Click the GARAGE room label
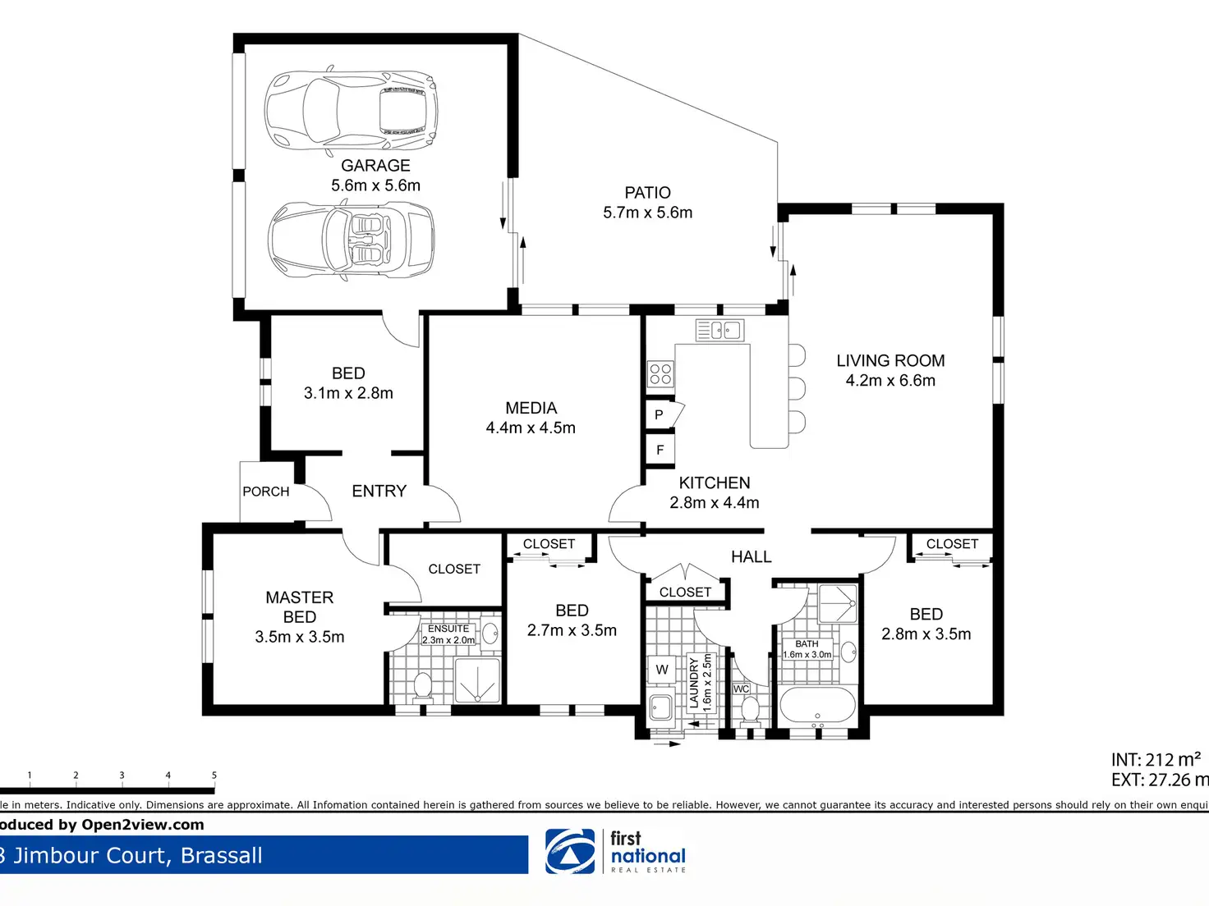click(x=375, y=166)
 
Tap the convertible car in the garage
click(x=352, y=240)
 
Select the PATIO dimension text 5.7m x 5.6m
click(x=648, y=213)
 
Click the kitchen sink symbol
click(x=719, y=331)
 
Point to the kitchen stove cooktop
click(x=660, y=373)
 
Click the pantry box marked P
click(x=660, y=414)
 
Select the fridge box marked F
click(x=660, y=450)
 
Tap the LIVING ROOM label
click(x=890, y=361)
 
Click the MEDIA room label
click(x=531, y=408)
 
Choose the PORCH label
click(x=266, y=492)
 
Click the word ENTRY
click(x=379, y=491)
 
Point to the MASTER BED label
click(x=300, y=607)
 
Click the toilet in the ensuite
click(x=422, y=688)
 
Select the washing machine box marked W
click(x=661, y=670)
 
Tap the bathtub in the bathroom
click(x=818, y=705)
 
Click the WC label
click(x=741, y=689)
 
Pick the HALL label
click(x=752, y=556)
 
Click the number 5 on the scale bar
click(x=214, y=775)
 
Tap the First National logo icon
click(x=570, y=851)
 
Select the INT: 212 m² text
click(x=1156, y=760)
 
